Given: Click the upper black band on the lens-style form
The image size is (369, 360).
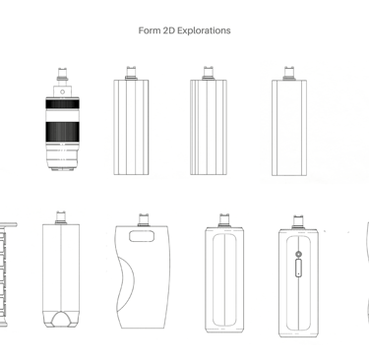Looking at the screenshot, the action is pos(62,104).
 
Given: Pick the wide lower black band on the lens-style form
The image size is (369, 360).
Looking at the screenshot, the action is pos(62,132).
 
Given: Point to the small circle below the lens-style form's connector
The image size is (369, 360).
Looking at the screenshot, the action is pos(62,91).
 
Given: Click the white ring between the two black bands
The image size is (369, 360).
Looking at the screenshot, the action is pos(62,115).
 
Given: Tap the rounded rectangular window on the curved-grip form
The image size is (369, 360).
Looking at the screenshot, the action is pos(142,236).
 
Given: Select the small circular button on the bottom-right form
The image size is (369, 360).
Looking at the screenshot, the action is pos(298,254).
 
